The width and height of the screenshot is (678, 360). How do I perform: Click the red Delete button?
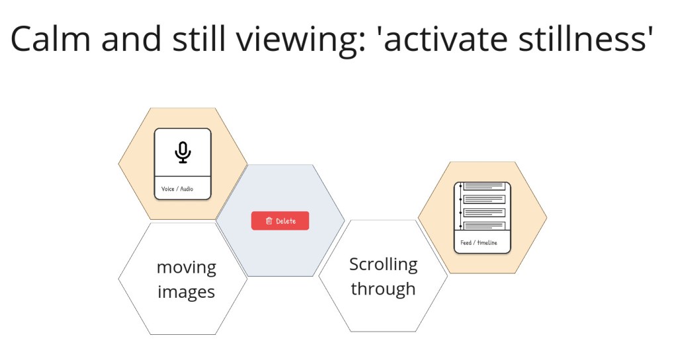click(x=280, y=221)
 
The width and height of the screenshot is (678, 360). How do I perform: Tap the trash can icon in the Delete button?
click(x=269, y=221)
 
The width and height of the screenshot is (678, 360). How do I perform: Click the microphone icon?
click(x=183, y=152)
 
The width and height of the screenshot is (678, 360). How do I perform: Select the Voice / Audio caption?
click(x=177, y=189)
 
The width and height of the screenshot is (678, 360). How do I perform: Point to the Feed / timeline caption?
click(x=479, y=243)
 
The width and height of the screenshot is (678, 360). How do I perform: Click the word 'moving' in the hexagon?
click(x=186, y=267)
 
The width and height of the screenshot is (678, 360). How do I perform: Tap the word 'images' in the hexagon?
click(x=186, y=292)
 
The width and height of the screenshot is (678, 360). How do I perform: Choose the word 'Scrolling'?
click(x=383, y=264)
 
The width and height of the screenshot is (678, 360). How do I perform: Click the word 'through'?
click(x=383, y=289)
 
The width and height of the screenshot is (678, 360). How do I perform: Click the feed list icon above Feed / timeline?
click(x=483, y=206)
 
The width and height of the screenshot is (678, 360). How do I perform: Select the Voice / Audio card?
click(x=183, y=163)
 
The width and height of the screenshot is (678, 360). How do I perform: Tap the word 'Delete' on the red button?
click(x=286, y=221)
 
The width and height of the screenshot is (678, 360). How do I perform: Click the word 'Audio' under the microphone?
click(x=186, y=189)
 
